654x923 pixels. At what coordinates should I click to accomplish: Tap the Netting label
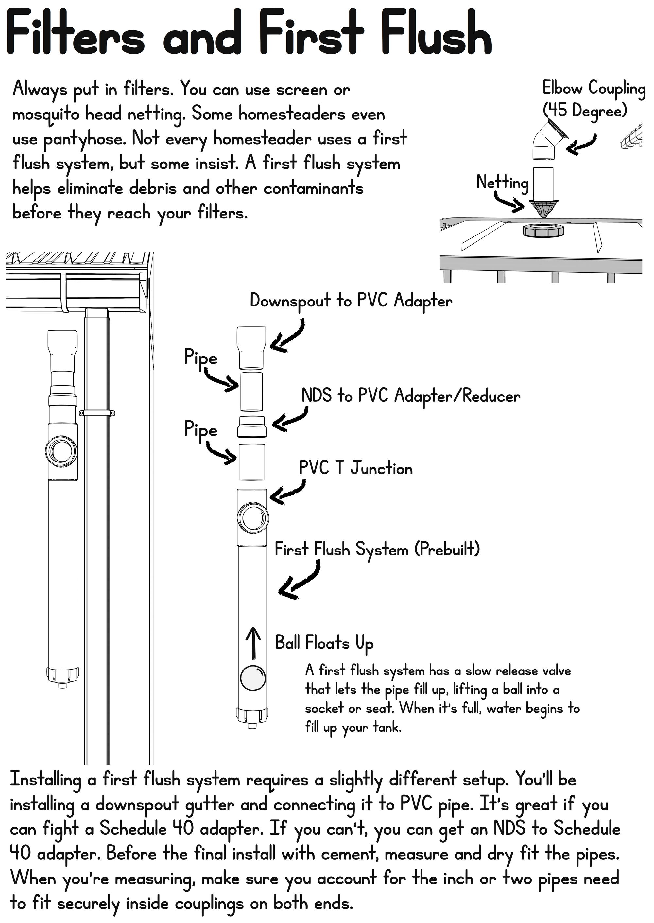502,182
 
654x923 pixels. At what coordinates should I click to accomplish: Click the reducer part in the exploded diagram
252,427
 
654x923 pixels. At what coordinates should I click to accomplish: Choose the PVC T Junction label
355,468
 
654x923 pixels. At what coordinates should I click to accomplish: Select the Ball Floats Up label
324,643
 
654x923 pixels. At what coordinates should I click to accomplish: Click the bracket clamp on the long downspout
97,413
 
